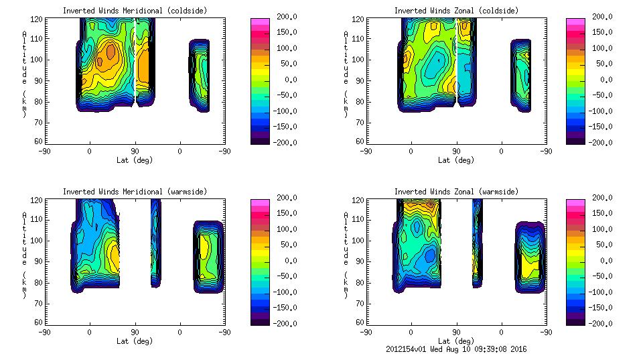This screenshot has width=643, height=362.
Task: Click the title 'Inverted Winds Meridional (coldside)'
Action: pyautogui.click(x=135, y=11)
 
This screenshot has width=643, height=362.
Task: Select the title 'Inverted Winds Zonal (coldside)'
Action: pyautogui.click(x=456, y=11)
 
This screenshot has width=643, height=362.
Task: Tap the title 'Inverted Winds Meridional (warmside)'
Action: pyautogui.click(x=135, y=192)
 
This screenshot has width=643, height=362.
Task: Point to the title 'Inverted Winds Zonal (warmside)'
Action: pyautogui.click(x=456, y=192)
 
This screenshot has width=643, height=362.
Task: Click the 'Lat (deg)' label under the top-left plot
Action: pyautogui.click(x=135, y=160)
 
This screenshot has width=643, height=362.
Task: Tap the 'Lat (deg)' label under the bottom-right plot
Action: pyautogui.click(x=456, y=341)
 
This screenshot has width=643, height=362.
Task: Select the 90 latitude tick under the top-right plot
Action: pyautogui.click(x=456, y=151)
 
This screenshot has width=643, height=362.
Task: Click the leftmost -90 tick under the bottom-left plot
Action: pyautogui.click(x=44, y=332)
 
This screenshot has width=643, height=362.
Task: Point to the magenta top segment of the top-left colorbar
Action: pyautogui.click(x=260, y=22)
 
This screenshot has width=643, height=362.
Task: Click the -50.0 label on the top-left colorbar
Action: pyautogui.click(x=291, y=95)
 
